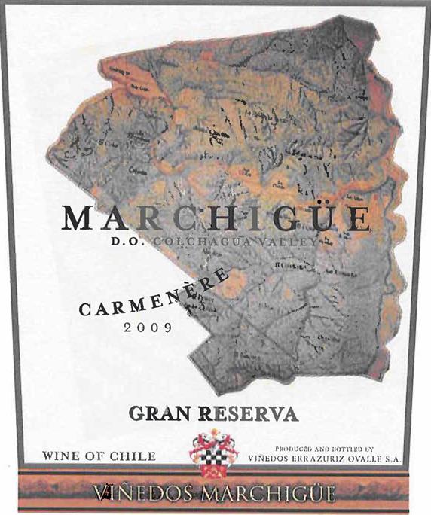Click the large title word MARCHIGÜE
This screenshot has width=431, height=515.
pyautogui.click(x=216, y=218)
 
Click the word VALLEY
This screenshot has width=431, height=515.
pyautogui.click(x=284, y=242)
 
